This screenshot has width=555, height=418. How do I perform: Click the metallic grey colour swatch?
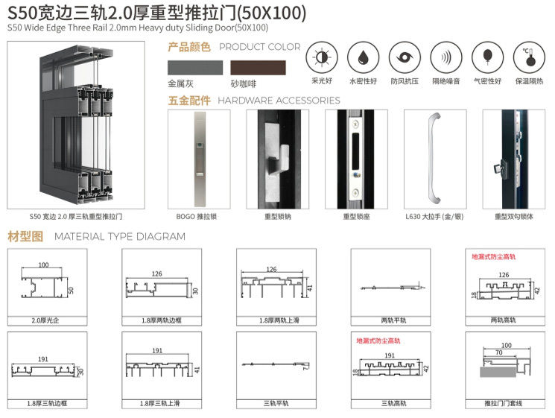[194, 68]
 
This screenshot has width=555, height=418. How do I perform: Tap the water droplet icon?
[363, 57]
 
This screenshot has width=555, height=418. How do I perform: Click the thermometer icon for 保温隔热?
[527, 57]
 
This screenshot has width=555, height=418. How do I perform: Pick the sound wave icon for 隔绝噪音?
[445, 57]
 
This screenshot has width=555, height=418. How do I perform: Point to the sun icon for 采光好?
[322, 57]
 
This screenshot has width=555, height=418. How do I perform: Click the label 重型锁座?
[355, 217]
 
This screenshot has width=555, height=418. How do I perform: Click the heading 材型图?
[25, 237]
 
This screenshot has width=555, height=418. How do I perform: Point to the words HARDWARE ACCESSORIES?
[279, 101]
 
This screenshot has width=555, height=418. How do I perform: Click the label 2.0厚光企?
[45, 320]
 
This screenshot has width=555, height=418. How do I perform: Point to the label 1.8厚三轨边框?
[45, 403]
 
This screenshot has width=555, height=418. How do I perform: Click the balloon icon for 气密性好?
[487, 57]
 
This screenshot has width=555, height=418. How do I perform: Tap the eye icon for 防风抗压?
[405, 57]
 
